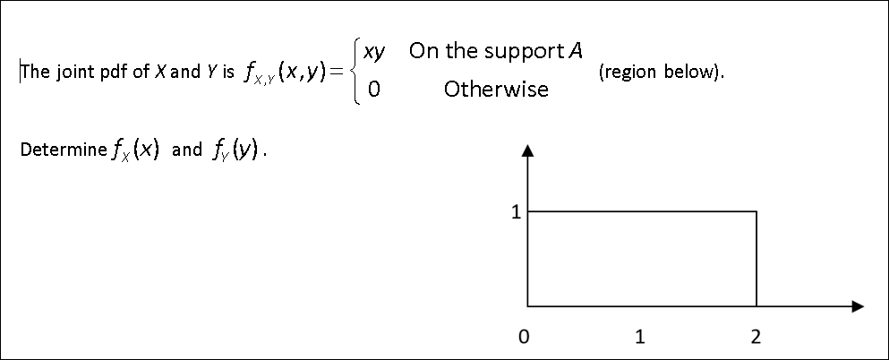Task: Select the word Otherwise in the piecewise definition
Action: (x=496, y=90)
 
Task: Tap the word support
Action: (x=517, y=51)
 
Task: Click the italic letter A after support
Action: (x=563, y=51)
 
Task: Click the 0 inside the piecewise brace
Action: (x=372, y=90)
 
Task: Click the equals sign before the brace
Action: (x=336, y=72)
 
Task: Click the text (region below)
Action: (x=661, y=72)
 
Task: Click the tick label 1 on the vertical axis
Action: (x=515, y=213)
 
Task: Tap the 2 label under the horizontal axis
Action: (x=757, y=338)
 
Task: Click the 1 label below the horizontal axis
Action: (x=639, y=338)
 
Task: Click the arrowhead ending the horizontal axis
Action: (x=858, y=306)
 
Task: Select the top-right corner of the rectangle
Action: (x=757, y=212)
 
